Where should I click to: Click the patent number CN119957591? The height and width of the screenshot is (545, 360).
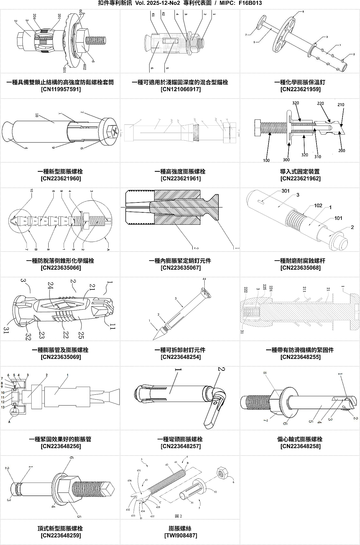(x=61, y=89)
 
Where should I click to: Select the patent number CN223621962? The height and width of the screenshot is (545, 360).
(x=300, y=179)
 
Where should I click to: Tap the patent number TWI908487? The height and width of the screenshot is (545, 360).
(x=180, y=535)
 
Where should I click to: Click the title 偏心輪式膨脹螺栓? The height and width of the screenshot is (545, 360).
(x=300, y=439)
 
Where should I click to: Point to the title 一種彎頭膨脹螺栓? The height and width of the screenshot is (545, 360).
(x=180, y=439)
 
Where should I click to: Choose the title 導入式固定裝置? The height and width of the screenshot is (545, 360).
(x=300, y=172)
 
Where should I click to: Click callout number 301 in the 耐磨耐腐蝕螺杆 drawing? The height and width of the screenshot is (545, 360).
(x=285, y=191)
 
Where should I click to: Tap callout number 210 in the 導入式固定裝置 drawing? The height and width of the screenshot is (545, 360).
(x=341, y=105)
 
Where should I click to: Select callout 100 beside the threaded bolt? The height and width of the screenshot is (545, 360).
(x=266, y=160)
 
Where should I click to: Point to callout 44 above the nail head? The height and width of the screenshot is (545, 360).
(x=204, y=279)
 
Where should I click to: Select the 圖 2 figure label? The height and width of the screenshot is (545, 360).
(x=178, y=516)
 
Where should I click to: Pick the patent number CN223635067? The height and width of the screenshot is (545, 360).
(x=180, y=268)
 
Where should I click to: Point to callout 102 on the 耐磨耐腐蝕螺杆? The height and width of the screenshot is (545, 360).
(x=318, y=205)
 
